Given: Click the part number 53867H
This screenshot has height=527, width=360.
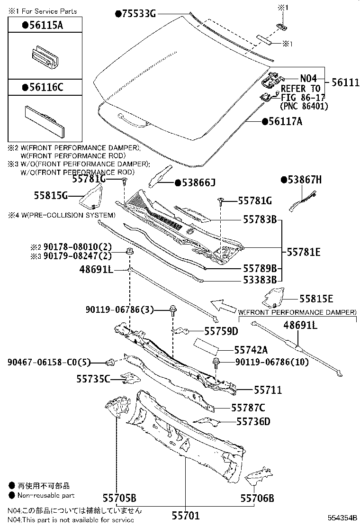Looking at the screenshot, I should click(304, 180).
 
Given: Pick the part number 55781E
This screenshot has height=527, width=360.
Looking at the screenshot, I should click(305, 252).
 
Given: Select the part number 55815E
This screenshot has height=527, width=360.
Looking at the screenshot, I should click(316, 299).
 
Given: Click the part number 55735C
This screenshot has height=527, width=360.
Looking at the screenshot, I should click(93, 379).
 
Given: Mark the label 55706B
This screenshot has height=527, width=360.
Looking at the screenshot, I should click(257, 498).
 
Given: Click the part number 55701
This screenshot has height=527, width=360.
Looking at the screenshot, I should click(185, 516).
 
